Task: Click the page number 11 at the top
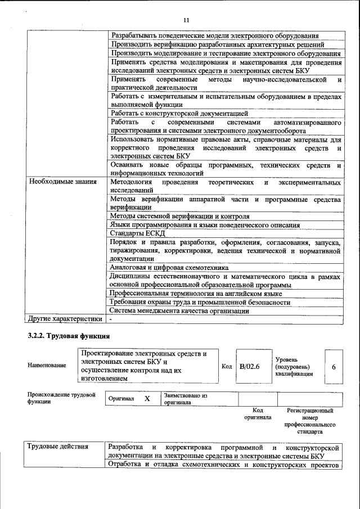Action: click(x=186, y=21)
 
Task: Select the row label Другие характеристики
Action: click(x=65, y=319)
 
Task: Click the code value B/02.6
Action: click(x=249, y=366)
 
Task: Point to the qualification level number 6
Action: click(x=334, y=367)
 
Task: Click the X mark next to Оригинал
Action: click(x=147, y=398)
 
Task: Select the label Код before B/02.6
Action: click(x=227, y=367)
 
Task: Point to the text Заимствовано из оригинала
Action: click(x=186, y=399)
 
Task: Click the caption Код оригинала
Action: click(x=257, y=415)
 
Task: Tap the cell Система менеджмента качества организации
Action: click(x=179, y=311)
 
